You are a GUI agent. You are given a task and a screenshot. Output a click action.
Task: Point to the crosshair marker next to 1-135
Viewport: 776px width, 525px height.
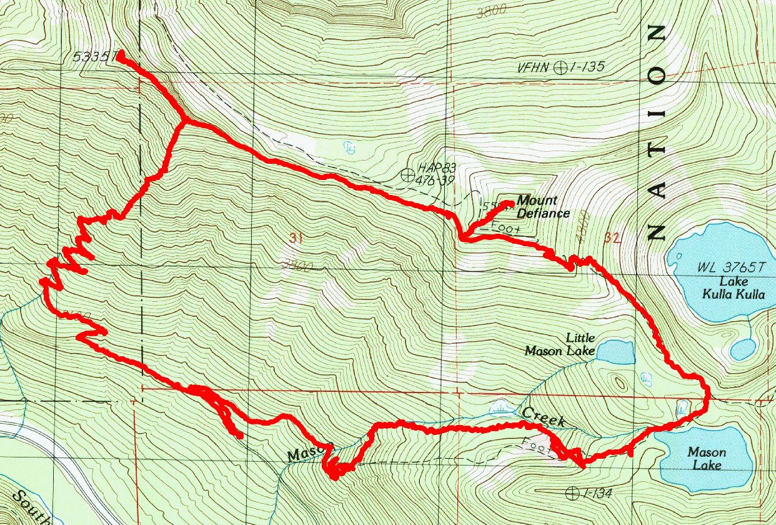[561, 67]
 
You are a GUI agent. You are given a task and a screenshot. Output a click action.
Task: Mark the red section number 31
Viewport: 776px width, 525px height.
[297, 237]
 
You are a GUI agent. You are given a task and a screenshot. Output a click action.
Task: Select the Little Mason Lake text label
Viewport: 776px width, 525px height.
[560, 344]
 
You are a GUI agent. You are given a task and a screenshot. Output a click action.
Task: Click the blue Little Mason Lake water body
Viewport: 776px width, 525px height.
[615, 351]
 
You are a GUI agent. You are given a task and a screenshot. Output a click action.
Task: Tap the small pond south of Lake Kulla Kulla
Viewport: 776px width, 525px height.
[742, 348]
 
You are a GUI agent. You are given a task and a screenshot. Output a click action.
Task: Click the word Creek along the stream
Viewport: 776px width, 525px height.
[544, 417]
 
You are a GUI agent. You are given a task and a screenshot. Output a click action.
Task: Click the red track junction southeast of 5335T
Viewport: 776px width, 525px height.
[183, 120]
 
